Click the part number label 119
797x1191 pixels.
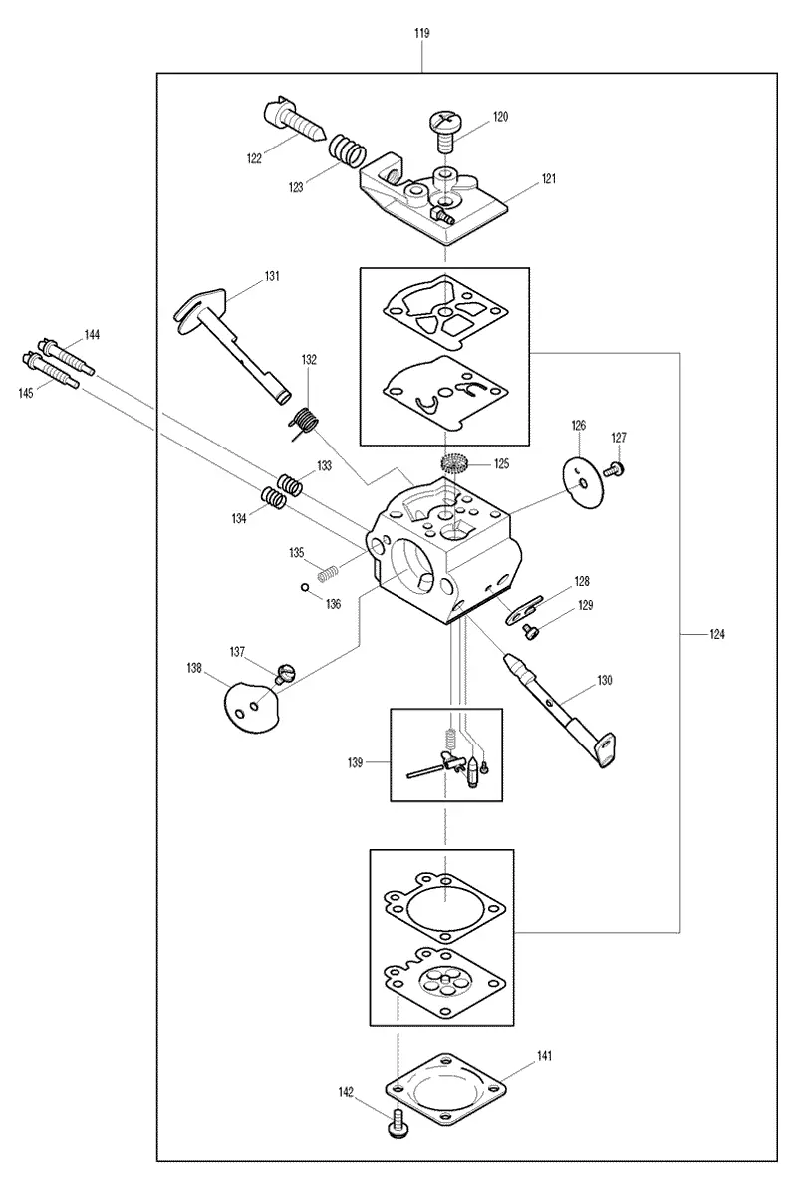(x=422, y=34)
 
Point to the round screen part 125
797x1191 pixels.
(x=455, y=462)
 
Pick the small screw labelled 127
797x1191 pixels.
(x=616, y=470)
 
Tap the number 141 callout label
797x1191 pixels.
(x=544, y=1056)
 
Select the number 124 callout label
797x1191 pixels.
(x=716, y=634)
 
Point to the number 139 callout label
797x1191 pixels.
(x=355, y=763)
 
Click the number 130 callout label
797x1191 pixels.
(x=604, y=681)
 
